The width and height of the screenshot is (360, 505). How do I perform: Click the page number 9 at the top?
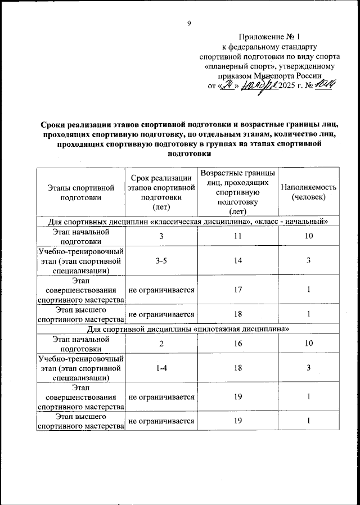pyautogui.click(x=189, y=23)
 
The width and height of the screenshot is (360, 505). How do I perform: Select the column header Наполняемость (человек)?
pyautogui.click(x=308, y=192)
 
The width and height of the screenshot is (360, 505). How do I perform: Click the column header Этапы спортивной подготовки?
pyautogui.click(x=82, y=192)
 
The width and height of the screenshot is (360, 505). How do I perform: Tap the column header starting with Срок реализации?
pyautogui.click(x=161, y=192)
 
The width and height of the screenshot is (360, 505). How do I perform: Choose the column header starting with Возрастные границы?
pyautogui.click(x=238, y=192)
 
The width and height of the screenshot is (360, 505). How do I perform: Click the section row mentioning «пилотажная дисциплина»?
pyautogui.click(x=188, y=328)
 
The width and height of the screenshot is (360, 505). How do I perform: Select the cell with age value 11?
pyautogui.click(x=238, y=236)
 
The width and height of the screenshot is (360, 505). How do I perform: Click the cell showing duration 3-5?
pyautogui.click(x=161, y=260)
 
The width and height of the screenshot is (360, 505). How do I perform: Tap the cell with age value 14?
pyautogui.click(x=238, y=260)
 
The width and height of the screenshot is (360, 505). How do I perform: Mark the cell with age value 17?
pyautogui.click(x=238, y=290)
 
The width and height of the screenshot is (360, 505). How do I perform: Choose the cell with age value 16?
pyautogui.click(x=238, y=344)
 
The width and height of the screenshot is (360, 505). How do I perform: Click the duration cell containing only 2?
pyautogui.click(x=161, y=344)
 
